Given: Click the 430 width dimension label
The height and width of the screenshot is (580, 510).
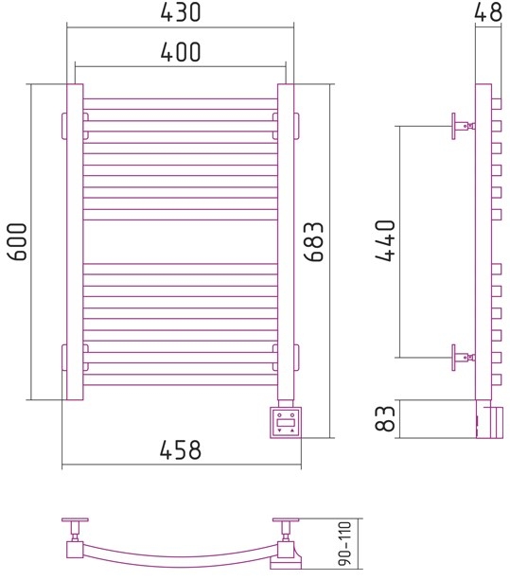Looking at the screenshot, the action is (x=181, y=11).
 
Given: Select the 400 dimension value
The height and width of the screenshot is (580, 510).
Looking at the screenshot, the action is (x=181, y=51).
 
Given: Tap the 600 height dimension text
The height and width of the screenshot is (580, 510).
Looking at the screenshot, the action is (x=17, y=242).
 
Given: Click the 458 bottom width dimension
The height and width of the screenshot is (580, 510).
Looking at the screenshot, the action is (x=181, y=449).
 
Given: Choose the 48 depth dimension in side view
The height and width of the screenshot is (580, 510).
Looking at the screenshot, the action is (x=488, y=11).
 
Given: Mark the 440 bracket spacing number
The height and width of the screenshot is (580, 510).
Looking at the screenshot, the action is (x=385, y=241).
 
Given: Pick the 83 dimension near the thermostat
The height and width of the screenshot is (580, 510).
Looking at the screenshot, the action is (x=385, y=418).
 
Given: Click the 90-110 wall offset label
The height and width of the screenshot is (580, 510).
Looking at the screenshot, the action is (x=345, y=549).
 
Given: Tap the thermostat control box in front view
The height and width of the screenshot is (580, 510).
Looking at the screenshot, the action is (x=286, y=423).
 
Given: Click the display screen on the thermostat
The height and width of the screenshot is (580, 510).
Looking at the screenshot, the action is (x=286, y=422).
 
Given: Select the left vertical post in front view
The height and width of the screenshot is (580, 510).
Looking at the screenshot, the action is (x=75, y=242).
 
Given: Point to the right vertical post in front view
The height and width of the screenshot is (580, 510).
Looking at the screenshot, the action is (x=286, y=242).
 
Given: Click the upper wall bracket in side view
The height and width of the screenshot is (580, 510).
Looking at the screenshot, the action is (x=463, y=126).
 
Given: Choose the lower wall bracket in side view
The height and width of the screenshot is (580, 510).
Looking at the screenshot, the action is (x=463, y=358).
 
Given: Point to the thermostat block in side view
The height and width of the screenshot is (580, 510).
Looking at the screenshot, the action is (x=490, y=419).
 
